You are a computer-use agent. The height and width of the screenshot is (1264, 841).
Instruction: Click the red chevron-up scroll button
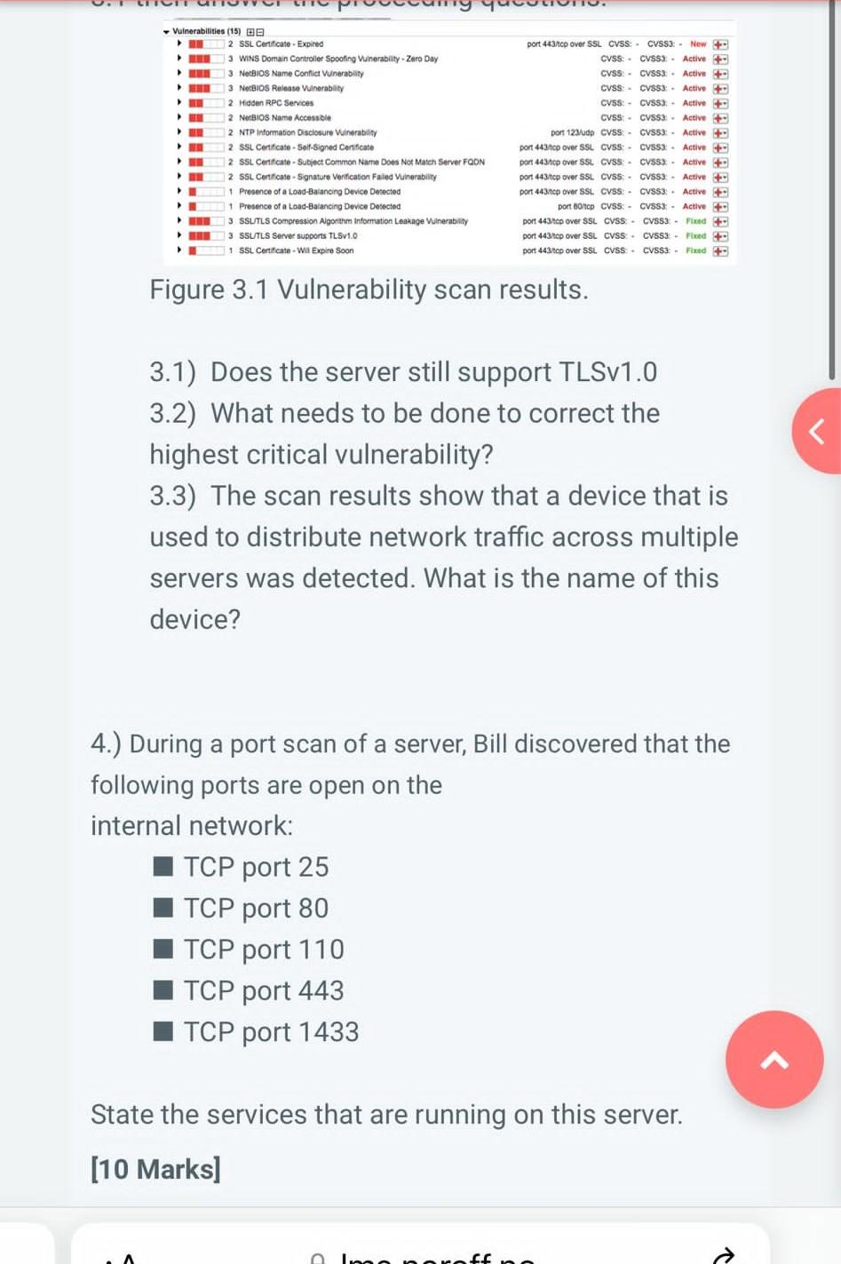pyautogui.click(x=774, y=1059)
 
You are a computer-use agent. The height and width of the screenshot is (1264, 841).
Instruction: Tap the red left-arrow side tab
pyautogui.click(x=817, y=432)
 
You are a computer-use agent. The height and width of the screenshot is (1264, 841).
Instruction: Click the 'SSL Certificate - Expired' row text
pyautogui.click(x=281, y=44)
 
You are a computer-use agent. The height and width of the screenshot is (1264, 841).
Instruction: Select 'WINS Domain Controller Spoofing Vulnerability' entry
pyautogui.click(x=337, y=59)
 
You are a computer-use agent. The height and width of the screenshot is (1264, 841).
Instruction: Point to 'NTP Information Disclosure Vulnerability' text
pyautogui.click(x=307, y=132)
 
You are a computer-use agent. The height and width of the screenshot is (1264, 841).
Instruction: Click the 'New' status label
pyautogui.click(x=698, y=44)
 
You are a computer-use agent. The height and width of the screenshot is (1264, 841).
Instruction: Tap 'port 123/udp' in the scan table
pyautogui.click(x=571, y=132)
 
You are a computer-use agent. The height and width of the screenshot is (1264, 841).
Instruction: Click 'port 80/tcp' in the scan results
pyautogui.click(x=575, y=206)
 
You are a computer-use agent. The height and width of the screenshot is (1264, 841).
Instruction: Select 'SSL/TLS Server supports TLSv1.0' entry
pyautogui.click(x=298, y=235)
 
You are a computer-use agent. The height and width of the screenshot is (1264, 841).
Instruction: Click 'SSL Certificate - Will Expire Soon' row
pyautogui.click(x=296, y=250)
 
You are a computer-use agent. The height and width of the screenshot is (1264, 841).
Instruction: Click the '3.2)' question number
pyautogui.click(x=172, y=413)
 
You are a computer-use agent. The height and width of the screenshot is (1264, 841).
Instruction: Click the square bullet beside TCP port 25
pyautogui.click(x=163, y=866)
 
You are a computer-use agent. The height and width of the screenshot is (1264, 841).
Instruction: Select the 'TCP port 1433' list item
pyautogui.click(x=271, y=1031)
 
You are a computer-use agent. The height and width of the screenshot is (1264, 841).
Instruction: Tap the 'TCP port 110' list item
pyautogui.click(x=264, y=949)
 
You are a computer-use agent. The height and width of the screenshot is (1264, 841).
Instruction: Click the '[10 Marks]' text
pyautogui.click(x=155, y=1169)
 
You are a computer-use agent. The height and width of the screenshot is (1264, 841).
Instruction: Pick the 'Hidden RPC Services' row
pyautogui.click(x=275, y=103)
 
